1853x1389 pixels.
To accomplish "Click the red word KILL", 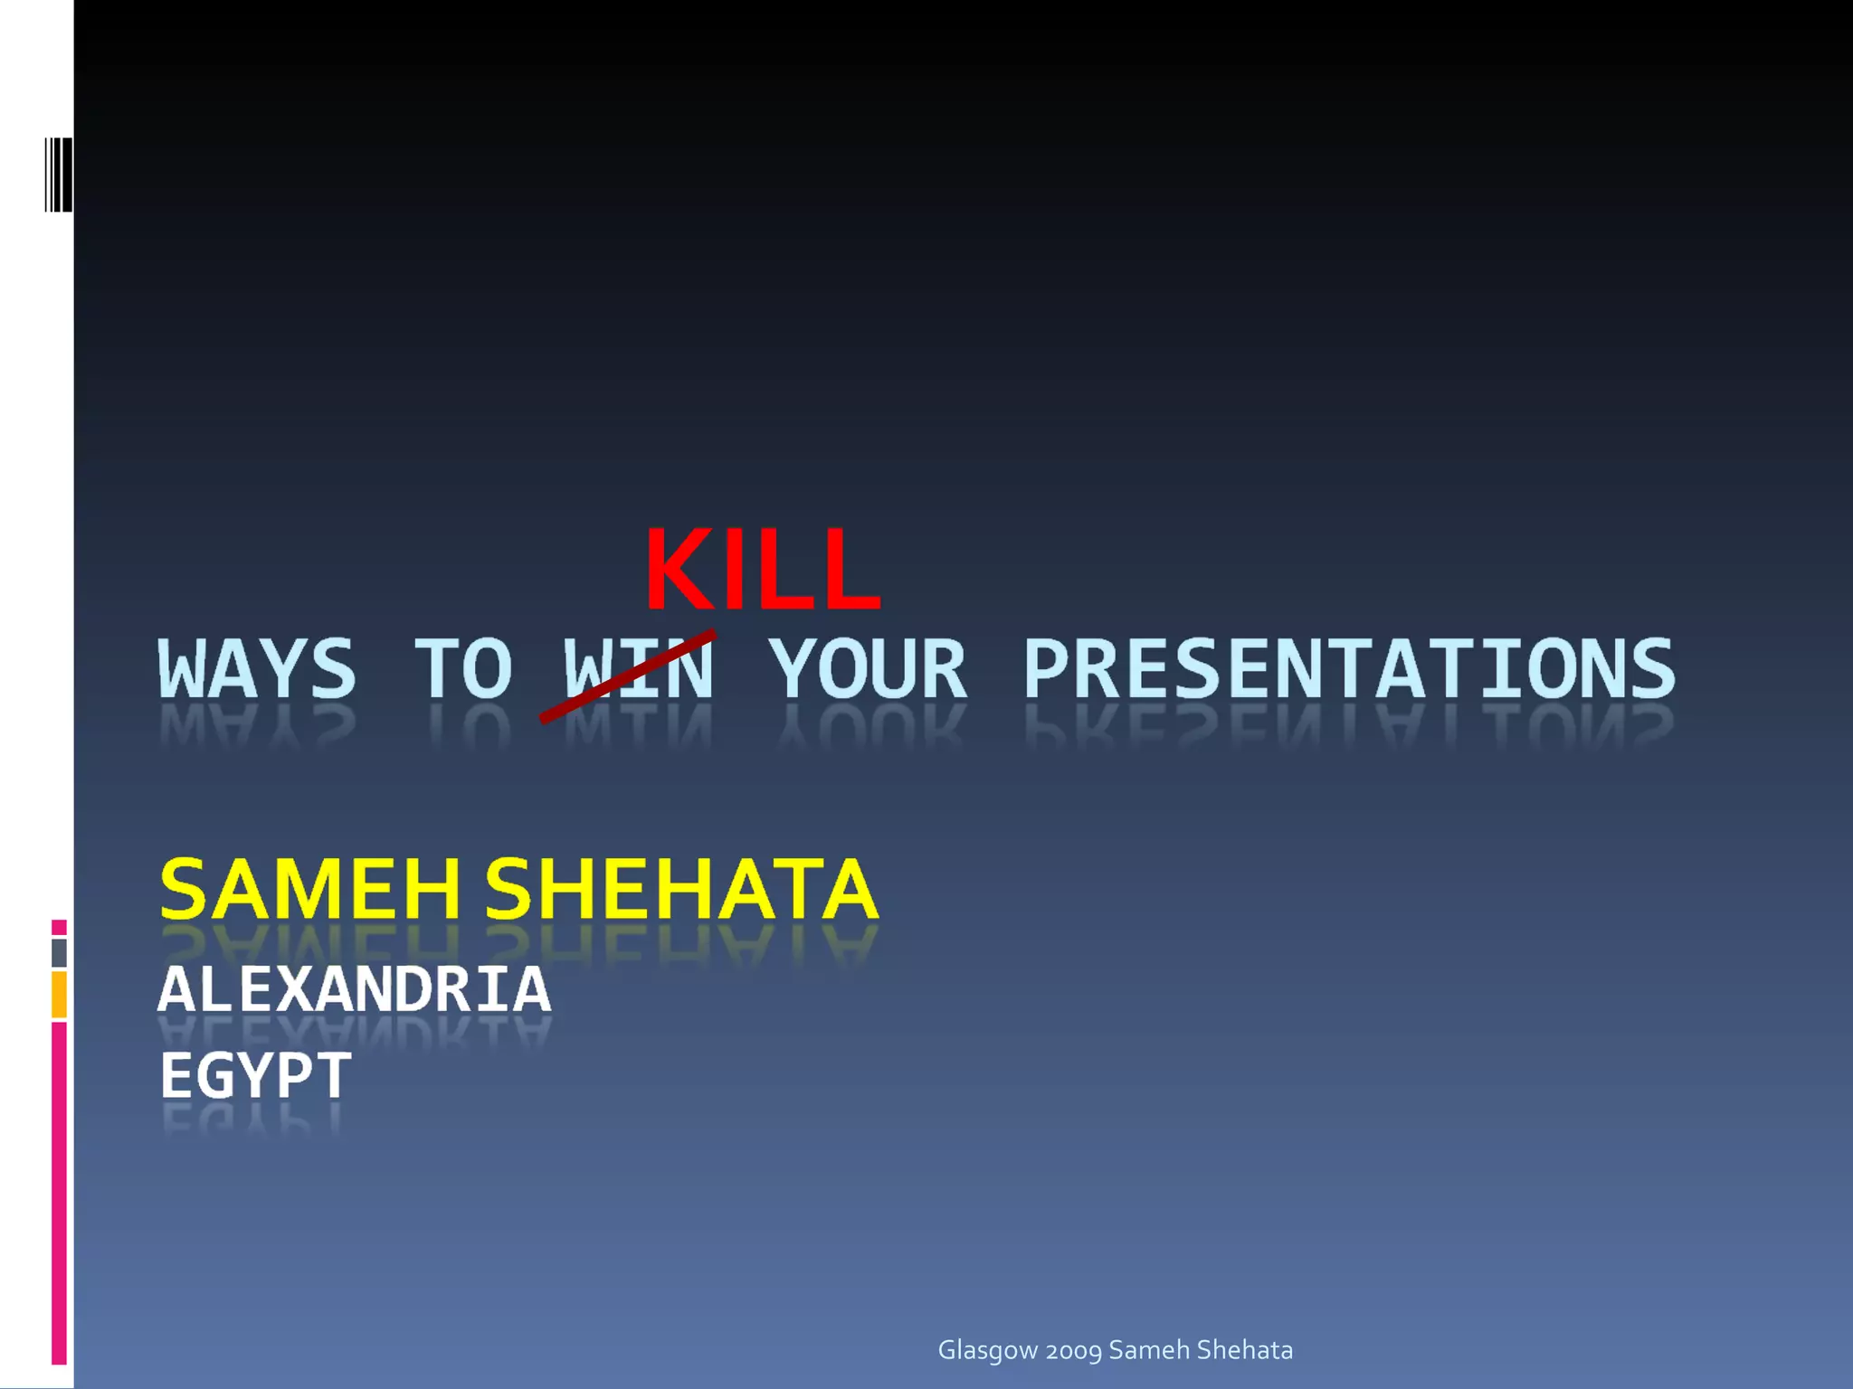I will point(762,570).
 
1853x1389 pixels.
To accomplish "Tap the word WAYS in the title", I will point(258,669).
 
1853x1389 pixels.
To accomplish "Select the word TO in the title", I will point(463,669).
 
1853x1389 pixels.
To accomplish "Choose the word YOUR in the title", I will point(869,669).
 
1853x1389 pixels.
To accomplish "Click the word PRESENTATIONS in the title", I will point(1348,669).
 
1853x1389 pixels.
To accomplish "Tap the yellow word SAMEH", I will point(310,890).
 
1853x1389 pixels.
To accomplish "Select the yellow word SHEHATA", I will point(680,890).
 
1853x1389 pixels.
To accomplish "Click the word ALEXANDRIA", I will point(355,989).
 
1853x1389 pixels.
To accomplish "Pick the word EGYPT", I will point(255,1075).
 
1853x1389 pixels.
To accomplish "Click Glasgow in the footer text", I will point(987,1350).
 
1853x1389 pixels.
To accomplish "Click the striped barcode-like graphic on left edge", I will point(59,175).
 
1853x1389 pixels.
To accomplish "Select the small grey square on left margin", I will point(59,952).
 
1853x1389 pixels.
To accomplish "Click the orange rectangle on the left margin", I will point(59,994).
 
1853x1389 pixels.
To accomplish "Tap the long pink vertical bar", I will point(59,1192).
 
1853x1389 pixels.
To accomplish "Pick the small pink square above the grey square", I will point(59,927).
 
